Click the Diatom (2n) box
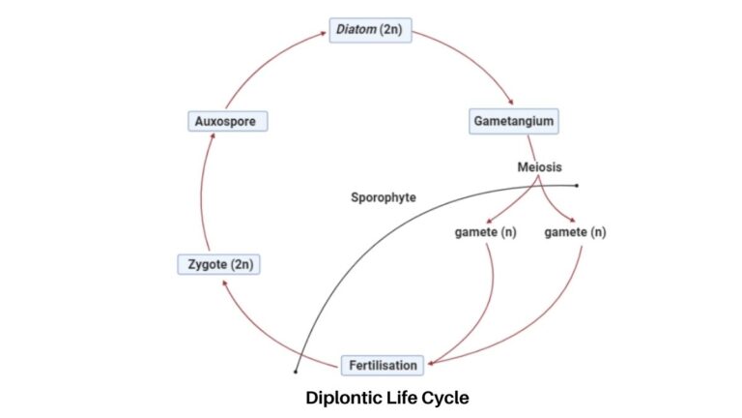click(371, 31)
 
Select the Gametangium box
click(513, 122)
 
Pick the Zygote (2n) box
click(219, 263)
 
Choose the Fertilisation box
click(382, 366)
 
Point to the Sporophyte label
click(383, 197)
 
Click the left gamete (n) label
click(485, 232)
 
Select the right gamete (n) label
click(575, 232)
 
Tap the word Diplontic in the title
click(346, 397)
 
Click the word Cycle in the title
click(447, 397)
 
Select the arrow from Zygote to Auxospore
click(204, 194)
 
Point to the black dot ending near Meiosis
click(577, 185)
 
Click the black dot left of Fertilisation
click(296, 372)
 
